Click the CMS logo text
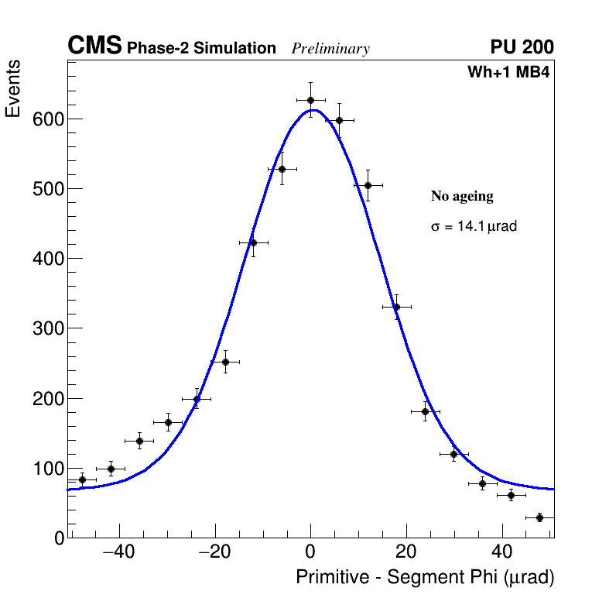point(94,46)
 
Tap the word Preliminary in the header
point(330,49)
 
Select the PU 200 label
point(522,47)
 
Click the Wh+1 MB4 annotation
point(508,73)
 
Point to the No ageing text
point(462,197)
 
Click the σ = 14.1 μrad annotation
point(474,227)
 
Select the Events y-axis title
point(13,89)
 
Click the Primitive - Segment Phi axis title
point(425,577)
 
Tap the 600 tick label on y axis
point(47,119)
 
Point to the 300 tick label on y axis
point(47,328)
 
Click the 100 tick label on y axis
point(47,469)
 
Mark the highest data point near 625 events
point(310,100)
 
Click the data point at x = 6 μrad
point(339,120)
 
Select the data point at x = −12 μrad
point(253,242)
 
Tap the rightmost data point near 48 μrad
point(539,517)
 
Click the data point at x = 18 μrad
point(396,307)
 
